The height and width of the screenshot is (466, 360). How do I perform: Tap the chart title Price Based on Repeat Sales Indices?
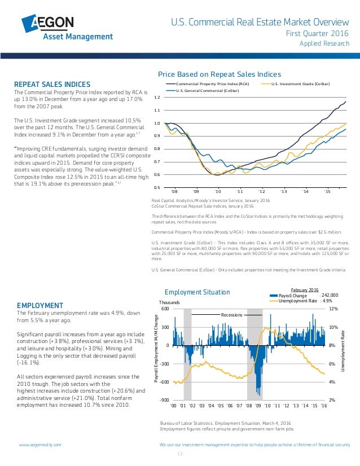219,74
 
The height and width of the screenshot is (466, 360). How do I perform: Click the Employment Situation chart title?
197,292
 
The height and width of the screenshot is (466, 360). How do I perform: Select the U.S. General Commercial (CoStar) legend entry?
207,90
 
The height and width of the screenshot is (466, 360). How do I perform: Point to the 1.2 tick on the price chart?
156,98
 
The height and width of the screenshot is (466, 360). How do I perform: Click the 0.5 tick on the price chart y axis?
156,187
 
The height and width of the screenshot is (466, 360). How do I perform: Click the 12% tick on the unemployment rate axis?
333,309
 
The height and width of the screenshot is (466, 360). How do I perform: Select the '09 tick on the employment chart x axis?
258,405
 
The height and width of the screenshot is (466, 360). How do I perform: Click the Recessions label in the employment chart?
231,314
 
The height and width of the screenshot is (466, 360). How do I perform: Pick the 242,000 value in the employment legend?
330,294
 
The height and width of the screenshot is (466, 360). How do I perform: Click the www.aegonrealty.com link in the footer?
40,445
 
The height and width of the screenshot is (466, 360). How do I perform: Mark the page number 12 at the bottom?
180,454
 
